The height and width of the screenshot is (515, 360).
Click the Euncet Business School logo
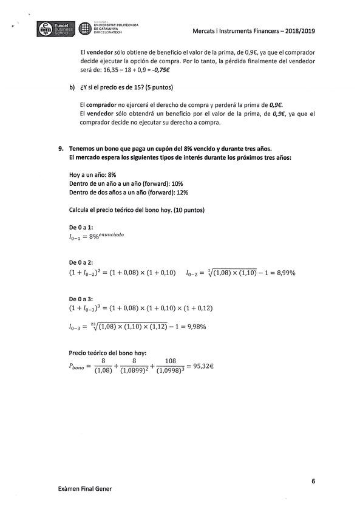click(55, 29)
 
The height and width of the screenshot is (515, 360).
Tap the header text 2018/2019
click(300, 31)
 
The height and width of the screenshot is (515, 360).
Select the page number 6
click(313, 481)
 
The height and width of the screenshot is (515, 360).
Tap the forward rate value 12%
click(182, 193)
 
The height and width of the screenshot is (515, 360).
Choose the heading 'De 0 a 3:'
click(82, 299)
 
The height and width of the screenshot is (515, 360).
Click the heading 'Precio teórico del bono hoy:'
click(108, 353)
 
